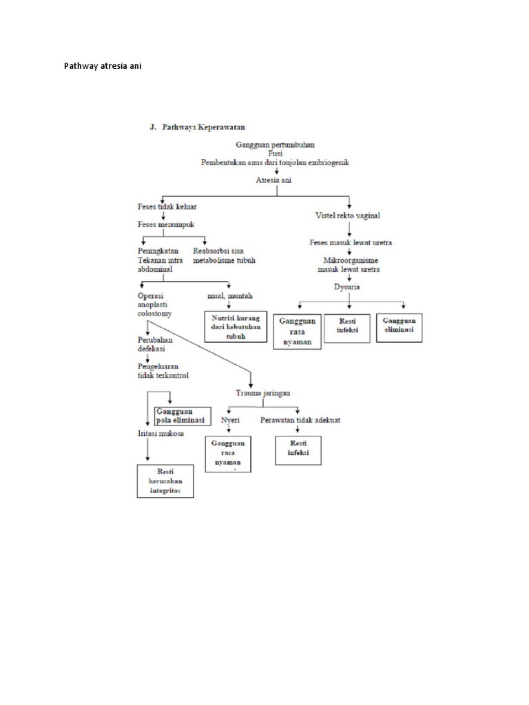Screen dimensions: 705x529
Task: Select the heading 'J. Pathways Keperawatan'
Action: pos(198,127)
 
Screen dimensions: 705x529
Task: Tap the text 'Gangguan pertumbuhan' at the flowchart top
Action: pos(275,146)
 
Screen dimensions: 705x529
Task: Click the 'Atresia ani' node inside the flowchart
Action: pos(276,180)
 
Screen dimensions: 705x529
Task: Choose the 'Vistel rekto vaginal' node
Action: pos(348,215)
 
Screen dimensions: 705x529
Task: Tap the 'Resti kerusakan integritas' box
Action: pos(165,481)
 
